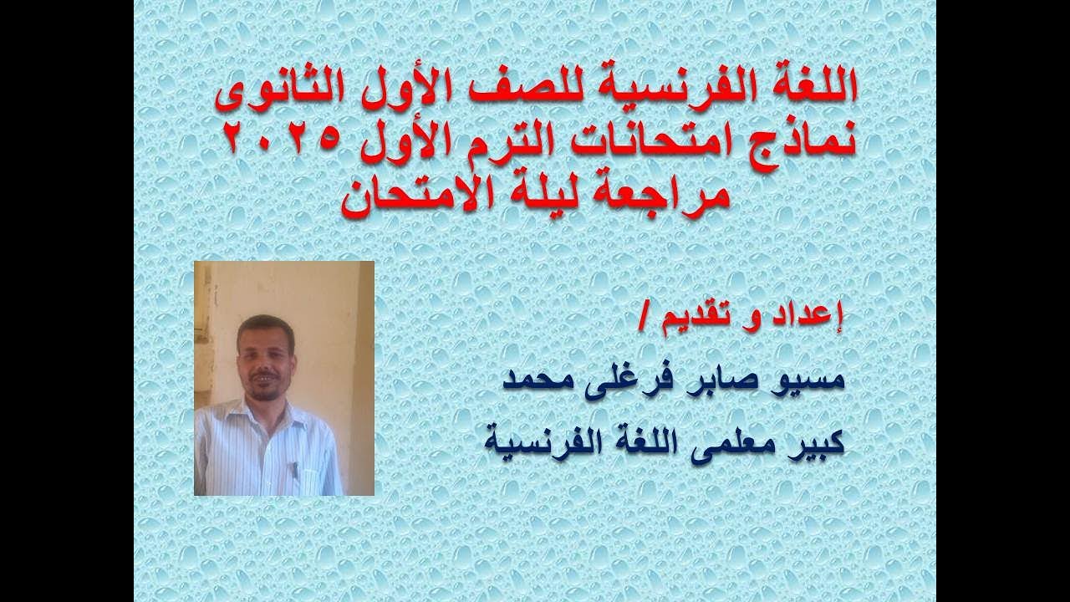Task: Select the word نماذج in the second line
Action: point(799,138)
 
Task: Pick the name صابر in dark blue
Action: point(720,380)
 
